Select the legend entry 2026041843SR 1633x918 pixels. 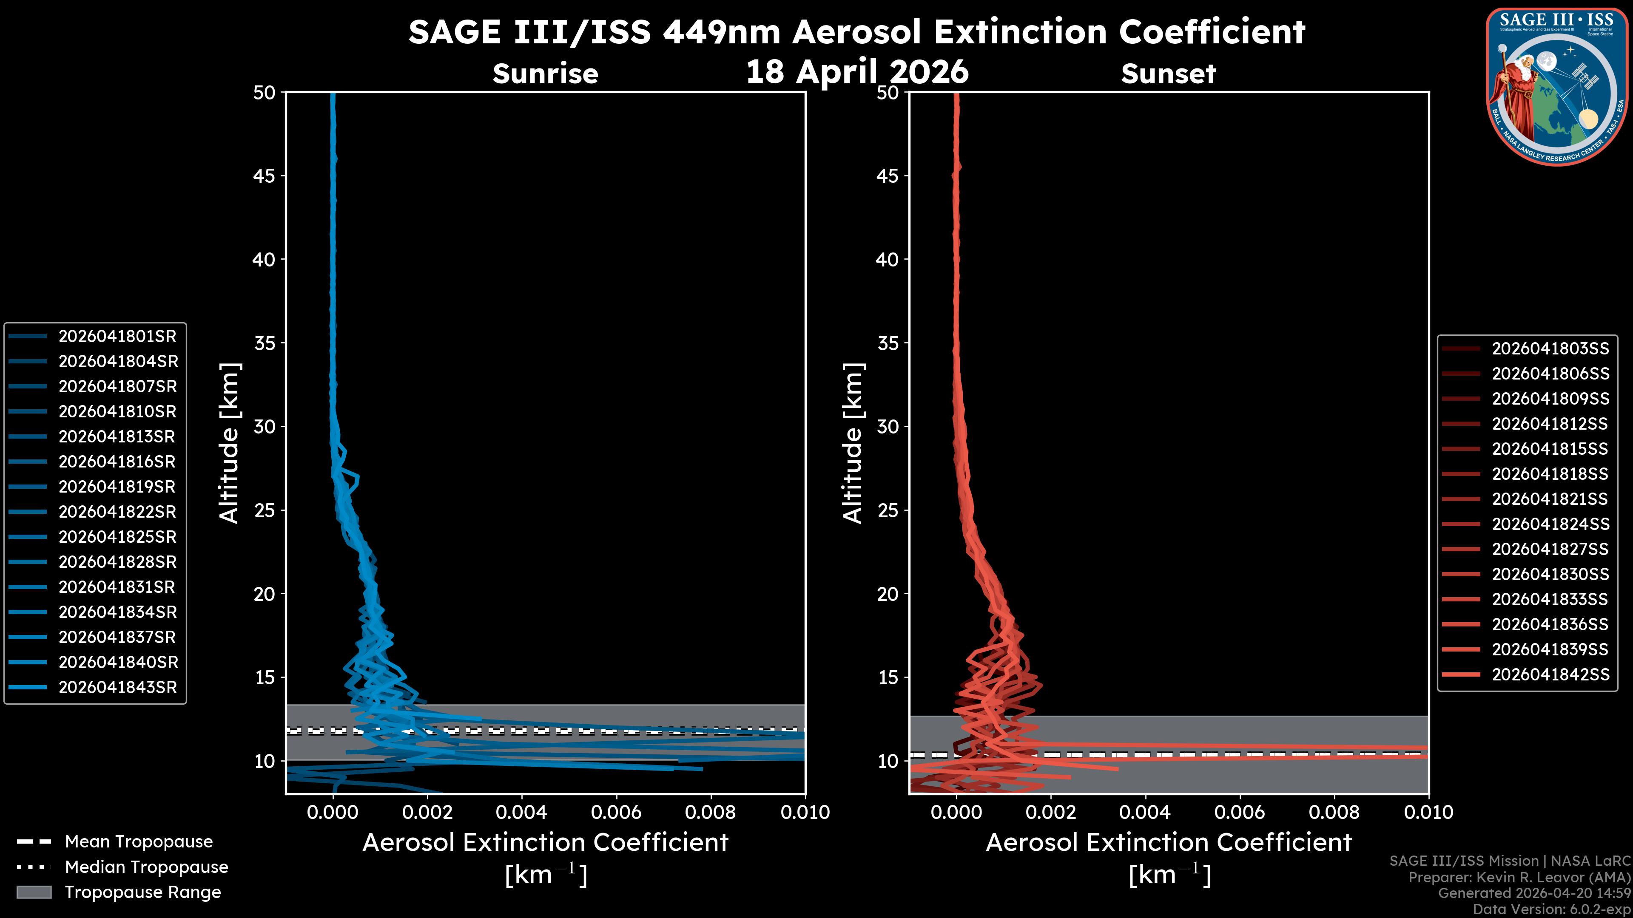(117, 687)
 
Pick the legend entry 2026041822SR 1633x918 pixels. (117, 512)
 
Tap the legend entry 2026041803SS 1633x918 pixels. (1550, 348)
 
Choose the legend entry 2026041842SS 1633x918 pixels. (1550, 675)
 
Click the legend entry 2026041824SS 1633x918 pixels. (1550, 524)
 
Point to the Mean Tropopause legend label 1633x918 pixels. (139, 842)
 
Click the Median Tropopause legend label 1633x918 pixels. (146, 867)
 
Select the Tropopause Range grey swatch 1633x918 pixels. (34, 892)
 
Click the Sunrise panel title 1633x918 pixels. (545, 74)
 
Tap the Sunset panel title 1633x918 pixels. (1168, 74)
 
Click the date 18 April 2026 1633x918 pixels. (857, 71)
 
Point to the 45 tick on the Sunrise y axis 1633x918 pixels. (265, 176)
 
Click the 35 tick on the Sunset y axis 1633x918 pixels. (888, 343)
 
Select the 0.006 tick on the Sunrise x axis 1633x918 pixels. (616, 812)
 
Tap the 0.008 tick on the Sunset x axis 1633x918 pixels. (1334, 812)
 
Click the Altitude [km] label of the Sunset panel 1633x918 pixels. (853, 443)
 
